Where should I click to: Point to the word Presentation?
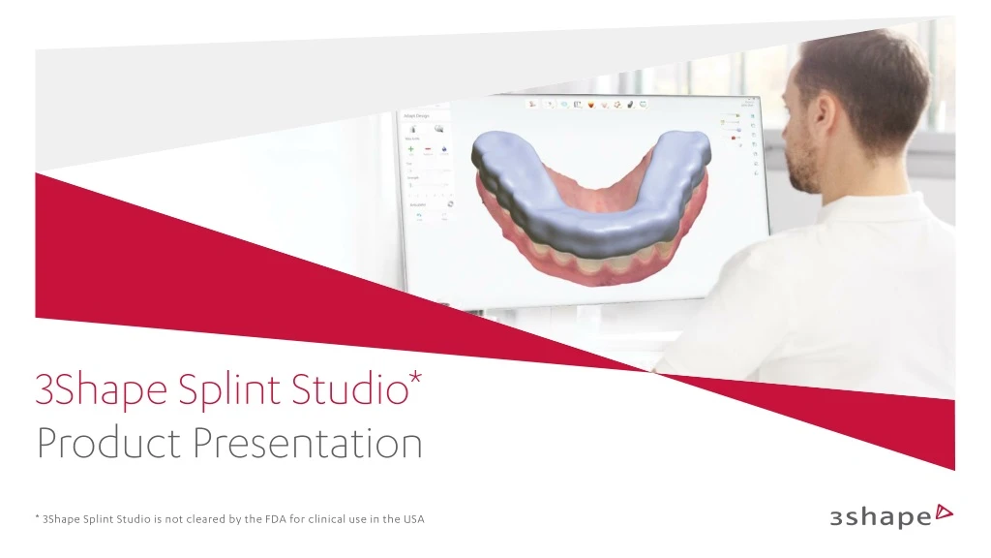tap(308, 445)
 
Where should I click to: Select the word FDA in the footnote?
tap(277, 520)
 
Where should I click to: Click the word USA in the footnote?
tap(413, 520)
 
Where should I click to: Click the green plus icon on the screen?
tap(411, 150)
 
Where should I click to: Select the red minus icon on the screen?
tap(427, 150)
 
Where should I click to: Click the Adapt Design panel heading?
tap(418, 116)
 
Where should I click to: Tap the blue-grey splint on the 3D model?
tap(581, 194)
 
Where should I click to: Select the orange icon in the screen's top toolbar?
tap(591, 104)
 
